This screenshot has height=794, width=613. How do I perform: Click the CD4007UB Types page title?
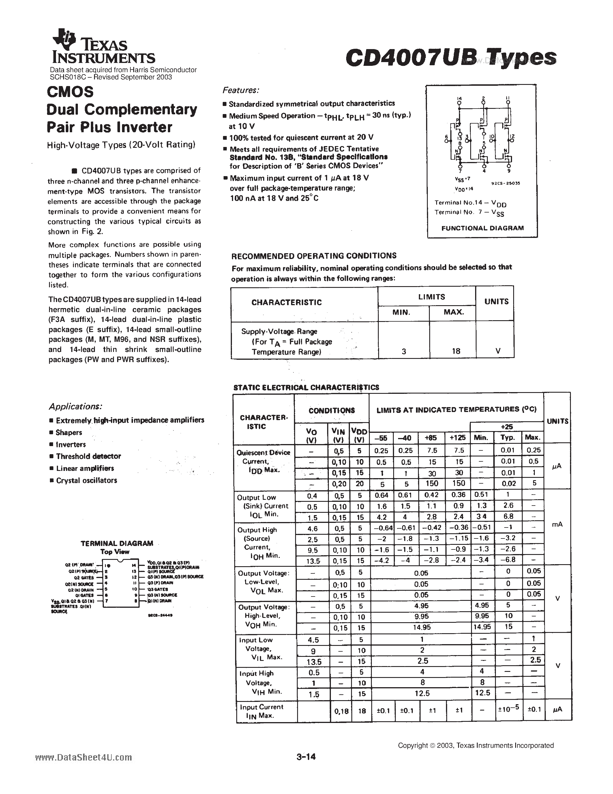[x=451, y=57]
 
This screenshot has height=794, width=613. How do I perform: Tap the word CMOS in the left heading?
[x=70, y=92]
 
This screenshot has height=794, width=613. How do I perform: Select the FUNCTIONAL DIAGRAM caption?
[x=482, y=228]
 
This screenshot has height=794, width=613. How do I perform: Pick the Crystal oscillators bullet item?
[x=87, y=480]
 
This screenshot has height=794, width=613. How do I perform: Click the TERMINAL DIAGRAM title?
[x=117, y=543]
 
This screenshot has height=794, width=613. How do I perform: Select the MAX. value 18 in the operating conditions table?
[x=456, y=351]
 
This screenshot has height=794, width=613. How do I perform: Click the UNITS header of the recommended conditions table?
[x=496, y=301]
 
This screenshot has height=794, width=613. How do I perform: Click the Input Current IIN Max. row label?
[x=261, y=711]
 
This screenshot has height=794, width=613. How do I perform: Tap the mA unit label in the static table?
[x=557, y=524]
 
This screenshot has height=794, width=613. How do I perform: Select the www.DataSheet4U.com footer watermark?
[x=84, y=757]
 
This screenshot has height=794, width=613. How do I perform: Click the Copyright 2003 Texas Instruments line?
[x=475, y=745]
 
